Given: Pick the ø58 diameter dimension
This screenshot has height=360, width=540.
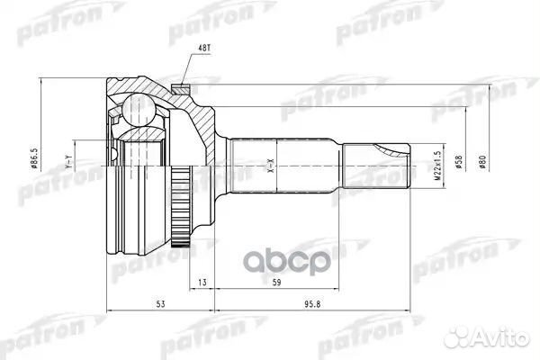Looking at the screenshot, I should click(460, 163).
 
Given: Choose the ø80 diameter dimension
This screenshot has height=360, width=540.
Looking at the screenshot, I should click(484, 163).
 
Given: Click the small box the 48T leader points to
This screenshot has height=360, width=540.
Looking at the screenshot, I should click(180, 87).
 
